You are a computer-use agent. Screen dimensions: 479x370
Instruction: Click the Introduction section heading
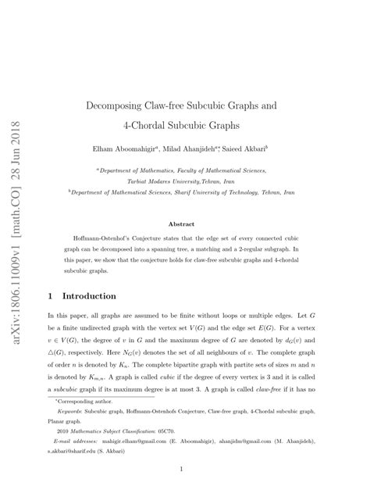point(88,275)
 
